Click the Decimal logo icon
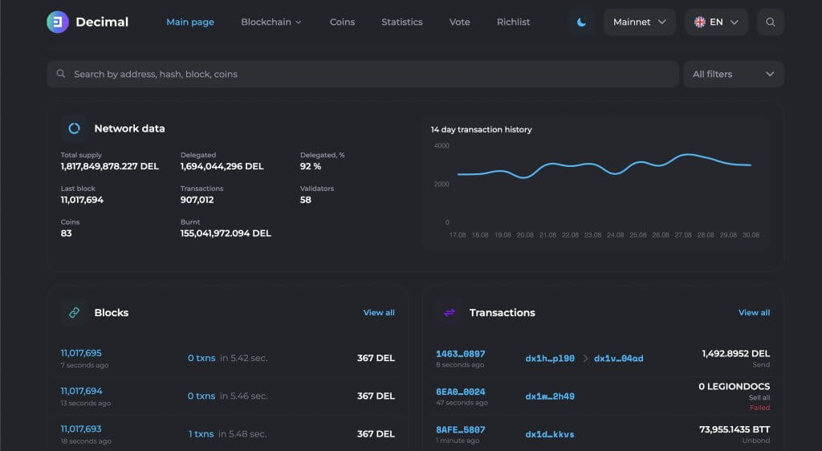(58, 22)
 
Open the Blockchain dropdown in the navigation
(271, 22)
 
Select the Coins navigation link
(342, 22)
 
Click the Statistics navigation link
(402, 22)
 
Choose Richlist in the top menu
(513, 22)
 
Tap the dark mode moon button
(581, 22)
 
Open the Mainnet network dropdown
(640, 22)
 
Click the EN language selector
(716, 22)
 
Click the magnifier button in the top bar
(771, 22)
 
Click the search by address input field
(361, 74)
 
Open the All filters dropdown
(733, 74)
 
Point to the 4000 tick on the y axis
(442, 146)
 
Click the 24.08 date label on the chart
(616, 235)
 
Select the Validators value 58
(306, 200)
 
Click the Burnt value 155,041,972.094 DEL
(226, 234)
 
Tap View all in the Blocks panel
(379, 312)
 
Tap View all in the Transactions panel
(754, 312)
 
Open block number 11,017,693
(81, 429)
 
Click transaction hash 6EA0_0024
(461, 392)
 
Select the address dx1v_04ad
(618, 358)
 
